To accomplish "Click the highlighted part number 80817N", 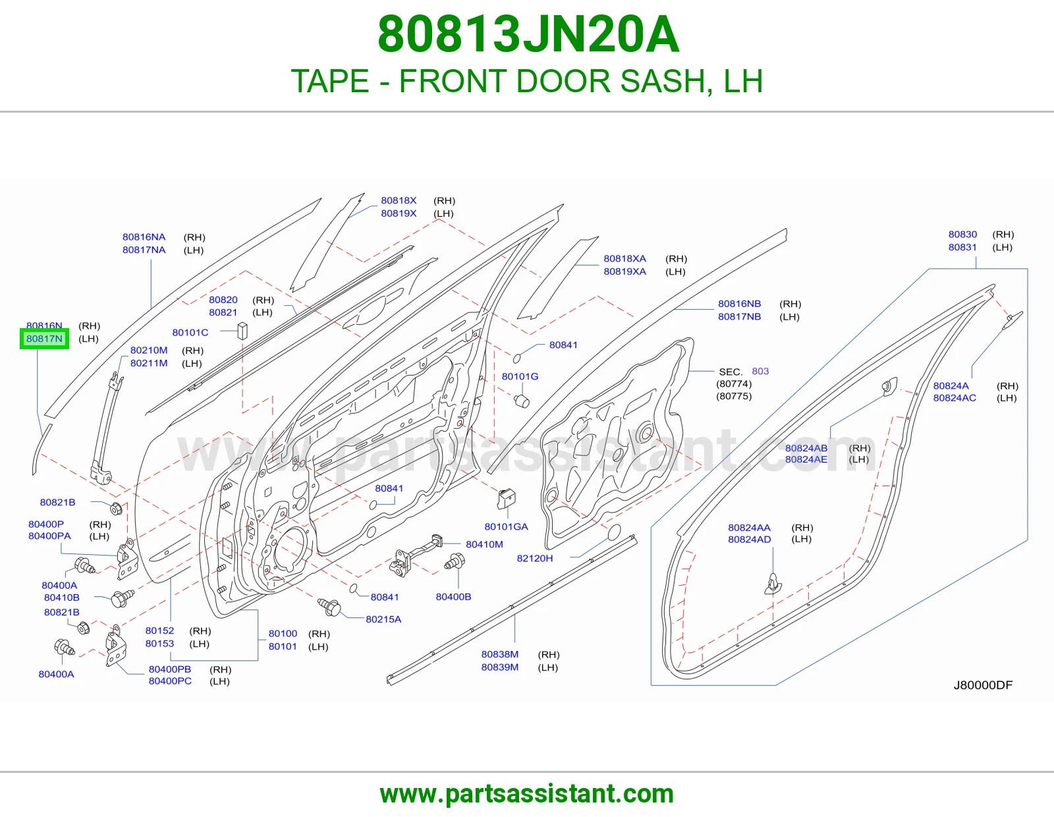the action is point(44,339).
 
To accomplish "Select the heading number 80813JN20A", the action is point(528,35).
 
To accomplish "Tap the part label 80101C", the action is point(190,332).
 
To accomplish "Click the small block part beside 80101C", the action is point(242,330).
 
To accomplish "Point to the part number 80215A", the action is point(383,619).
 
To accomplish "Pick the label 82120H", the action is point(534,558).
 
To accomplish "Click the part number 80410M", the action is point(484,544).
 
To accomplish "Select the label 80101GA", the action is point(506,526).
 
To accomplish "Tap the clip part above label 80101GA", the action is point(506,498).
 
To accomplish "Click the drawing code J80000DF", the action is point(983,685).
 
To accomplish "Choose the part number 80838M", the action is point(499,654).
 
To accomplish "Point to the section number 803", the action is point(760,371).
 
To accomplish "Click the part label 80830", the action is point(962,235).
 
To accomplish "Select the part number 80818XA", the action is point(624,258).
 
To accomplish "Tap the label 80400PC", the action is point(170,681).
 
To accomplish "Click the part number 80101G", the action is point(520,376).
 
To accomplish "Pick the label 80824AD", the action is point(750,539).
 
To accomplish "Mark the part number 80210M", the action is point(149,350).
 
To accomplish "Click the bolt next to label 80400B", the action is point(455,562).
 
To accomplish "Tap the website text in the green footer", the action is point(527,794).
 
